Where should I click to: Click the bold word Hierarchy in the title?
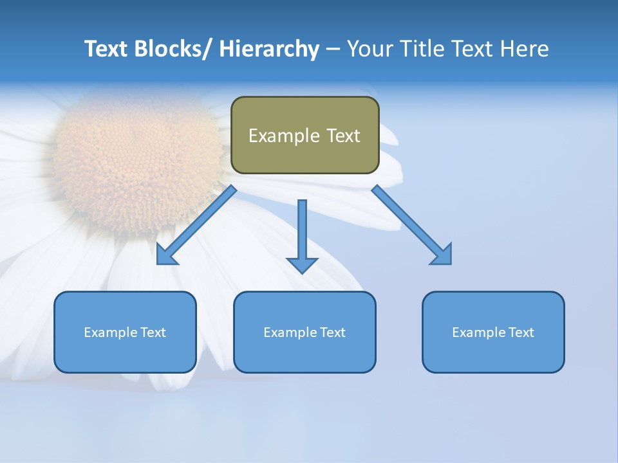(x=269, y=50)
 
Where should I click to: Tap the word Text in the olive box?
(x=342, y=136)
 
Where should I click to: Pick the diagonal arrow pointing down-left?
(x=196, y=225)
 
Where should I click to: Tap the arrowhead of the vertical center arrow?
(x=302, y=265)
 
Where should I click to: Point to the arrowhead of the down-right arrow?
(x=442, y=255)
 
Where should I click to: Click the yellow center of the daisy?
(x=138, y=154)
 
